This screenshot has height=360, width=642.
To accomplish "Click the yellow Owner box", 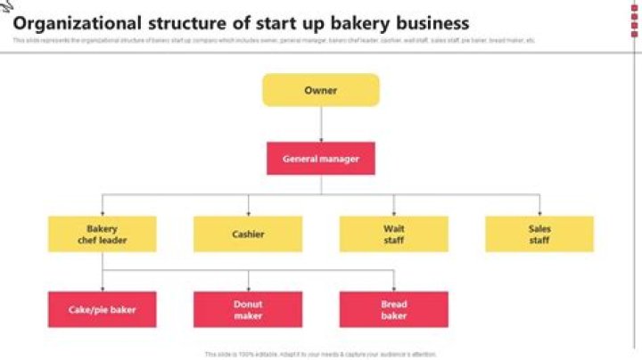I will (320, 90).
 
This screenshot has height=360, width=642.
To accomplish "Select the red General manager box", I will (320, 159).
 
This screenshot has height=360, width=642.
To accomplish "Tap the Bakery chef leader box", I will (102, 233).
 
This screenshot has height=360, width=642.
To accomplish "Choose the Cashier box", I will (248, 233).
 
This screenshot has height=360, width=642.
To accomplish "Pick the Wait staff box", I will (393, 233).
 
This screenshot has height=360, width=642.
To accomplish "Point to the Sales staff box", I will (539, 233).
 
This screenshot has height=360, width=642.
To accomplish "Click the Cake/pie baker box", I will (102, 309).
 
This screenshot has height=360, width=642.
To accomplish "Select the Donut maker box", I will (248, 309).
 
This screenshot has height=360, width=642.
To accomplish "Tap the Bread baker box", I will (393, 309).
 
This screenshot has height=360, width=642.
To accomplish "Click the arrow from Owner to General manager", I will (320, 125).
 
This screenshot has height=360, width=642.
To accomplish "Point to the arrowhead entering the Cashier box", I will (248, 213).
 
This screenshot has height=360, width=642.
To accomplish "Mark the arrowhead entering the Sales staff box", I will (539, 213).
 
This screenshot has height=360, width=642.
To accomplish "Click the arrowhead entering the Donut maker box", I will (248, 289).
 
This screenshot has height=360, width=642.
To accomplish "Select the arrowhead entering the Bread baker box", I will (393, 289).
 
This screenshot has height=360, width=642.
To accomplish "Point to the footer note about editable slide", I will (320, 354).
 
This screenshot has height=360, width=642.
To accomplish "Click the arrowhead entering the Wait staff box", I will (393, 213).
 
